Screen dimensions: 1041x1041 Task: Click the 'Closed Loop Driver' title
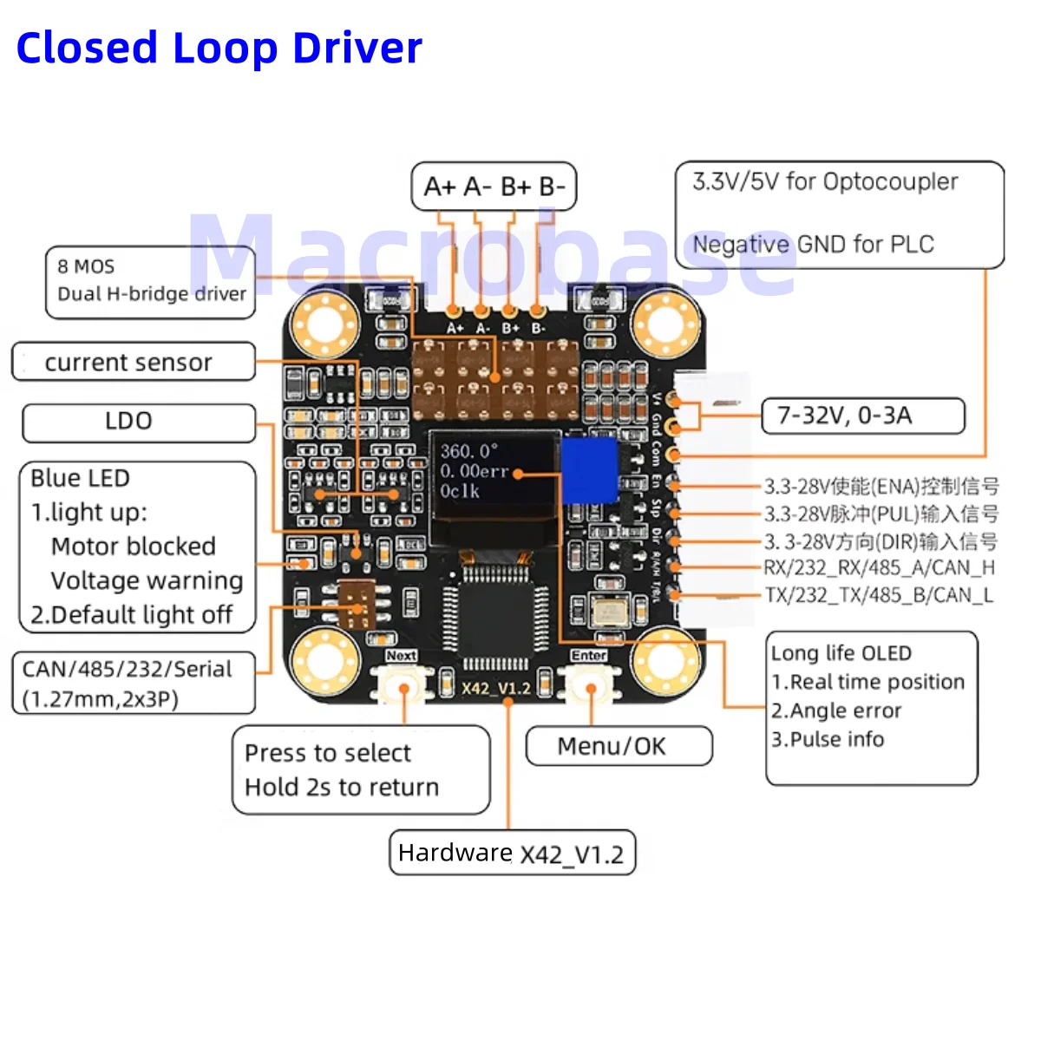[219, 49]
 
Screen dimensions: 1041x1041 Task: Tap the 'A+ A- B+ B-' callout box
[494, 187]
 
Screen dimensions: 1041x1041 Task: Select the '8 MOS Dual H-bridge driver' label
[151, 281]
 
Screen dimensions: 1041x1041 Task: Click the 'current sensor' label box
[133, 362]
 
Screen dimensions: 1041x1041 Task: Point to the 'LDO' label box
[138, 422]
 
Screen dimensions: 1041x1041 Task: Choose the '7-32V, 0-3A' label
[862, 416]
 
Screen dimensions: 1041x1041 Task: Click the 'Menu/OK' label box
[619, 746]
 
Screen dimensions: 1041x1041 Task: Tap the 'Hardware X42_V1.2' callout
[512, 854]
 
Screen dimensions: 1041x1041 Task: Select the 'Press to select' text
[328, 753]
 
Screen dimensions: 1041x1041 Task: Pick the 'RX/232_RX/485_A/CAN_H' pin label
[879, 568]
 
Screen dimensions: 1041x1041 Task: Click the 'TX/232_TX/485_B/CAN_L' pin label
[879, 595]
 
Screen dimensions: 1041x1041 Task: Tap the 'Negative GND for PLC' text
[813, 245]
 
